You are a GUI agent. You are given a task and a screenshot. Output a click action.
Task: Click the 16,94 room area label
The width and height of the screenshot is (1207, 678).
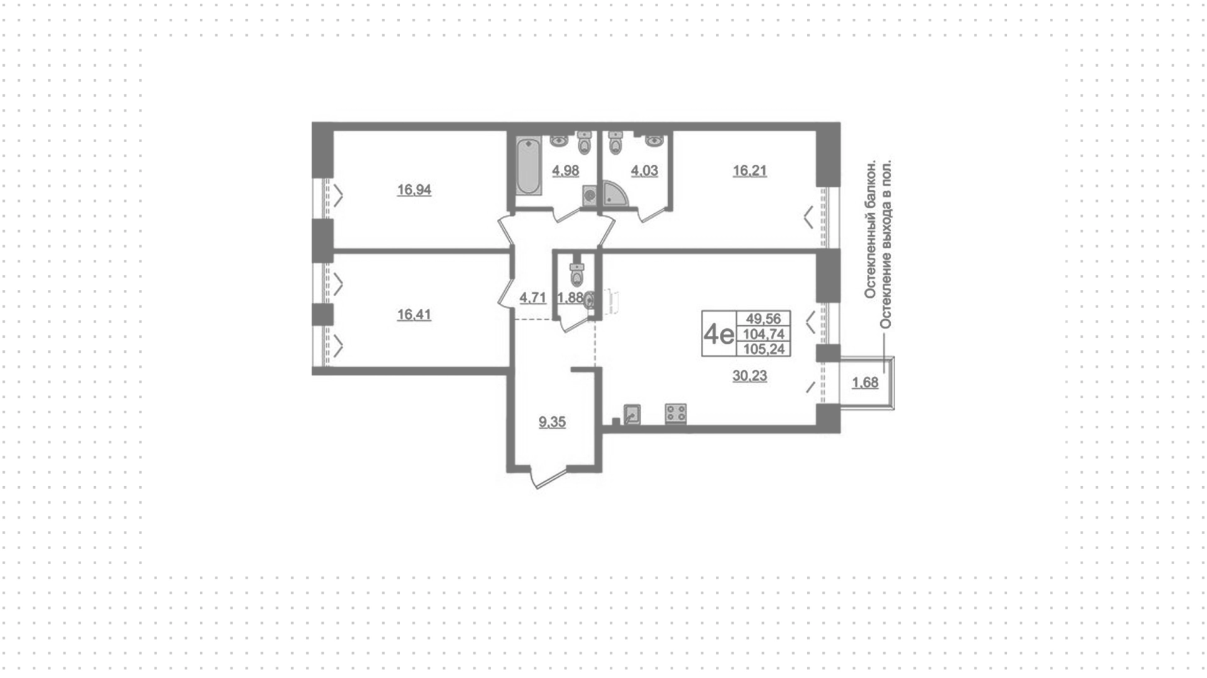pos(414,190)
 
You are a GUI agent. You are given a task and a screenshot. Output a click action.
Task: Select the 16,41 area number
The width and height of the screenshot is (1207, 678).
pos(414,315)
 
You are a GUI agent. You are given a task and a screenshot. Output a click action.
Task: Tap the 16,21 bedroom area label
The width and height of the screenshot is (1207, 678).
pos(749,171)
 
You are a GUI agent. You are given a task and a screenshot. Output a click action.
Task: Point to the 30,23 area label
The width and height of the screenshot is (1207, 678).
pos(749,376)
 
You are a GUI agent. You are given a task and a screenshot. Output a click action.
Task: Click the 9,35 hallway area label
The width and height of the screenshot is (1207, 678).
pos(552,423)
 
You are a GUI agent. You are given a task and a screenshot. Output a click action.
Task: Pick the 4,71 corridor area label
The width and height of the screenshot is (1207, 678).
pos(532,297)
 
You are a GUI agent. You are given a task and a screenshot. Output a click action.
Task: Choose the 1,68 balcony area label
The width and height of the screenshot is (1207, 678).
pos(865,382)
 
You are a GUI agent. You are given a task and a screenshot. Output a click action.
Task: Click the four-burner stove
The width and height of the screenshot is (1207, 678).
pos(676,414)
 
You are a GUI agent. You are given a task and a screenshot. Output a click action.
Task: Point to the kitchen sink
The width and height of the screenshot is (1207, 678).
pos(632,414)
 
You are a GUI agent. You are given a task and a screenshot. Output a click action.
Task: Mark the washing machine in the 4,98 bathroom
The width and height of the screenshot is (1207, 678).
pos(590,196)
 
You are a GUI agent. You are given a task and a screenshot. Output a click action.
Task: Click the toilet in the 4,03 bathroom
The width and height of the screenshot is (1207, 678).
pos(615,143)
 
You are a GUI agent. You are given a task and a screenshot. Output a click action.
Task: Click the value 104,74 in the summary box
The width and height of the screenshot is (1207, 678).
pos(764,335)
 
